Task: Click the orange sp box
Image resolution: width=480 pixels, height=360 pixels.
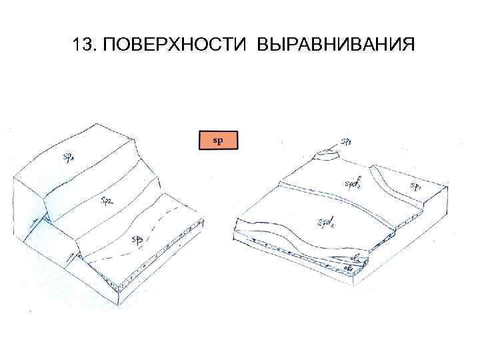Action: pyautogui.click(x=218, y=140)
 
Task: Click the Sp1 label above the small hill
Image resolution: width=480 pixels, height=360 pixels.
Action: pyautogui.click(x=347, y=141)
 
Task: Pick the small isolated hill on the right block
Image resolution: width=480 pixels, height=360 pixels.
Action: pyautogui.click(x=326, y=155)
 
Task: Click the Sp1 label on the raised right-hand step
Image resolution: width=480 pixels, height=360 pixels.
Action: pyautogui.click(x=415, y=186)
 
